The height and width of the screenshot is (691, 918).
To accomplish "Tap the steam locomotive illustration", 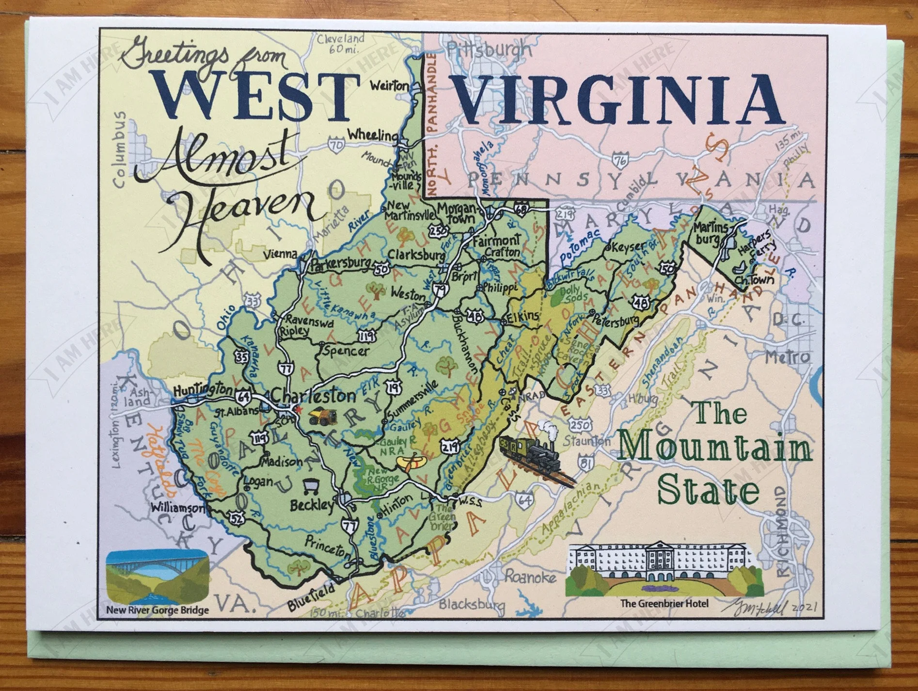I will [x=533, y=450].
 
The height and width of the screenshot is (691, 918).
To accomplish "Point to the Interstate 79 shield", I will [x=440, y=289].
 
